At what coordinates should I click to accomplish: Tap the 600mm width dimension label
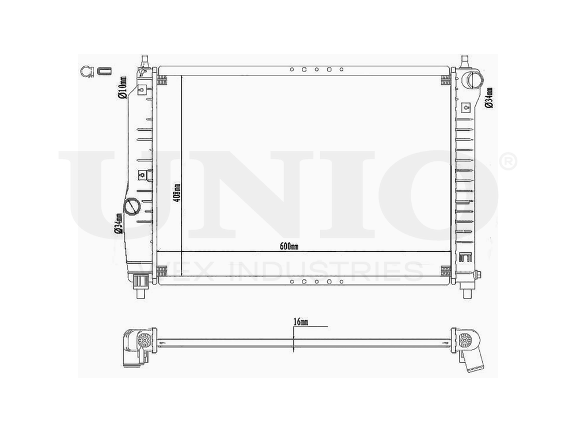289,247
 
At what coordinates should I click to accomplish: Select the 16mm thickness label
300,322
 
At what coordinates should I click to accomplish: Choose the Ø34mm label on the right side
489,98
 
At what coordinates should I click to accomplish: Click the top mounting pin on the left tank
144,60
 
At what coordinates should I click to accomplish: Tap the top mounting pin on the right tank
464,60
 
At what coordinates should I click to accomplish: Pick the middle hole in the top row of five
317,69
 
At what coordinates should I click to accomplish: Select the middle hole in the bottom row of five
317,282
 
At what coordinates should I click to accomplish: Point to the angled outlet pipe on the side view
475,361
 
